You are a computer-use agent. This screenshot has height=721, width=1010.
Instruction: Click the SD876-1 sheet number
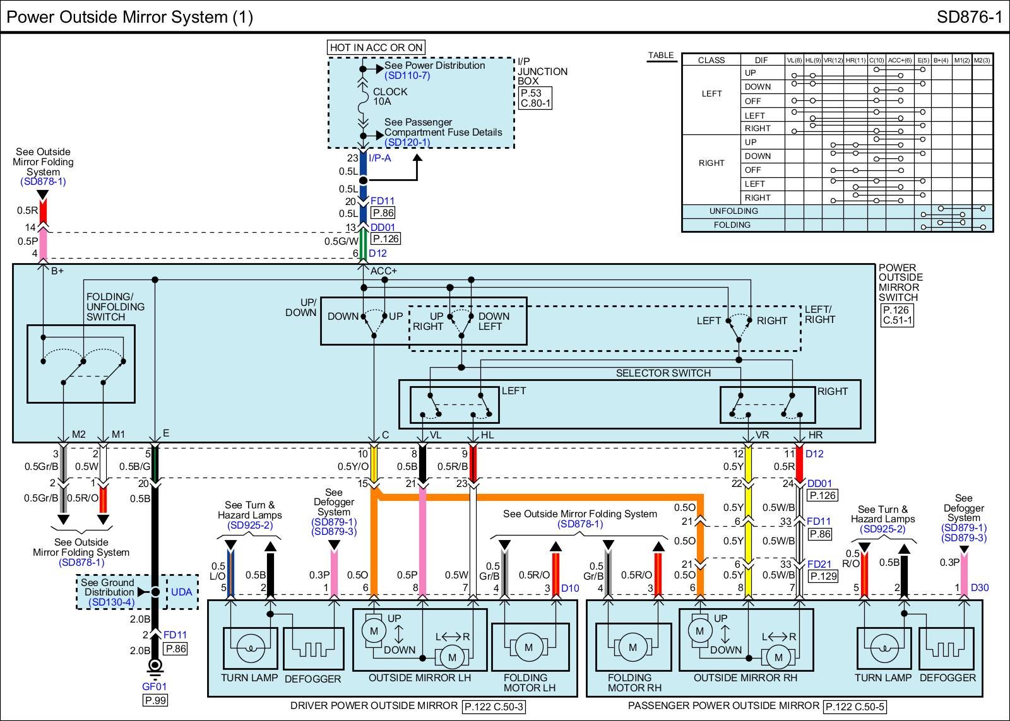pos(969,17)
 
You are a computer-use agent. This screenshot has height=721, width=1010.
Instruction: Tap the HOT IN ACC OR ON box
pos(376,47)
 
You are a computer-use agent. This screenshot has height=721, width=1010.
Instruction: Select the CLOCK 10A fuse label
pos(390,97)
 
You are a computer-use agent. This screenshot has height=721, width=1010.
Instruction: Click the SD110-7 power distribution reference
pos(407,76)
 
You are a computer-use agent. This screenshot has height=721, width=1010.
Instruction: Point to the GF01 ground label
pos(154,686)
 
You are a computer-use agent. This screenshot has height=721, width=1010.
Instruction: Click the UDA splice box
pos(182,592)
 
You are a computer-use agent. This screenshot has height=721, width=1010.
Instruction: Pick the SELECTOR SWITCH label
pos(663,373)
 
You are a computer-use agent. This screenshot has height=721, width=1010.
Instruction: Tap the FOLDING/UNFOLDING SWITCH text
pos(115,307)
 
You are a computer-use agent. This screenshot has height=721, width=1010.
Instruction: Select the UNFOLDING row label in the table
pos(733,211)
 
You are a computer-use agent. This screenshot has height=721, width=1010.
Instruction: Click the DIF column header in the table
pos(761,60)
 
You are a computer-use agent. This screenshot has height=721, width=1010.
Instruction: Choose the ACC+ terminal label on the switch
pos(384,271)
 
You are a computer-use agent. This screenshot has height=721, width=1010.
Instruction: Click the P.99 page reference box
pos(155,700)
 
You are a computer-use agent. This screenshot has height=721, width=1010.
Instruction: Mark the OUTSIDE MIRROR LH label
pos(420,678)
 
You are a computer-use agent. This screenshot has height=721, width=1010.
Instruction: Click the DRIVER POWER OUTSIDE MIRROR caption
pos(374,706)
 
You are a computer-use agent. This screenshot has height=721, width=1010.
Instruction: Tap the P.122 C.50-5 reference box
pos(855,706)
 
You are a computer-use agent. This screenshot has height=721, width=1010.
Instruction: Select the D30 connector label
pos(979,587)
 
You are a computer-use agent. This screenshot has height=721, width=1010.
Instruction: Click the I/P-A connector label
pos(379,158)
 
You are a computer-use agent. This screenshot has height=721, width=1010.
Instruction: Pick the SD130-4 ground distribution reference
pos(111,602)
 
